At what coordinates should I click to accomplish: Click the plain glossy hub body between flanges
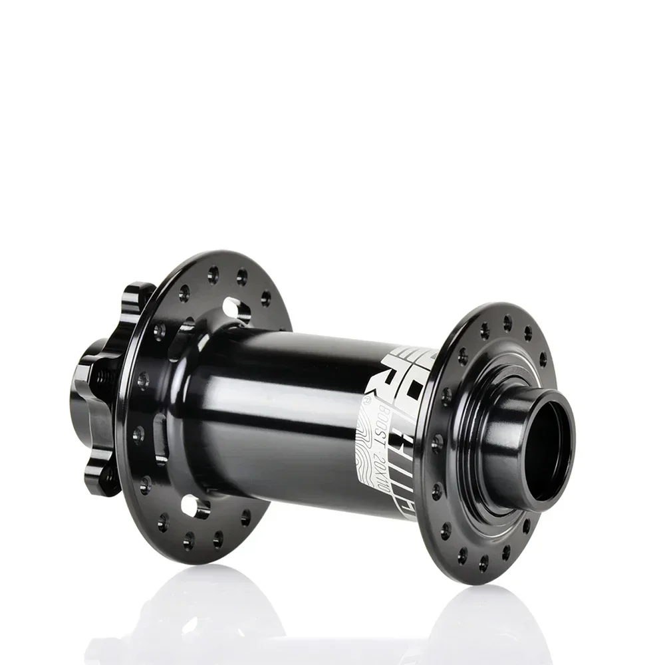pos(279,412)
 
